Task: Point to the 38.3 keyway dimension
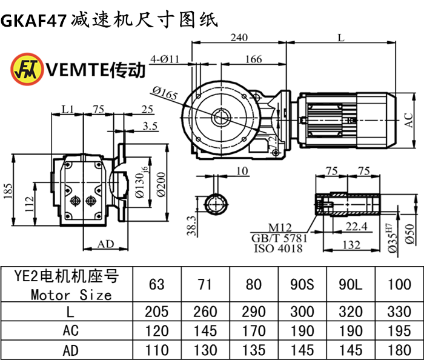(192, 225)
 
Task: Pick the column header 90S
(302, 284)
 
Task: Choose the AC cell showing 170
(254, 331)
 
